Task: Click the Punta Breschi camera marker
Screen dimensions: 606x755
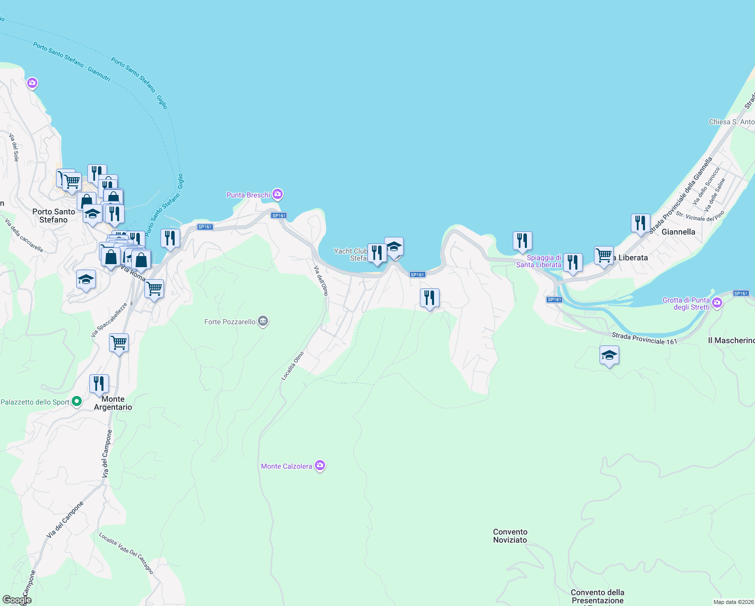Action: point(278,194)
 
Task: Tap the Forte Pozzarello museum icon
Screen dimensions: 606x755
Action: point(262,322)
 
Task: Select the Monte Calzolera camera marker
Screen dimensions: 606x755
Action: point(319,466)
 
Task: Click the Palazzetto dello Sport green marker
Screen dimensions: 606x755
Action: point(77,402)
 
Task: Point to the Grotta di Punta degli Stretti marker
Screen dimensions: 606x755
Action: point(717,303)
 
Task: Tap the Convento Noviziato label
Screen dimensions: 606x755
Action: point(510,536)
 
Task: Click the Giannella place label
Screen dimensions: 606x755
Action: point(678,232)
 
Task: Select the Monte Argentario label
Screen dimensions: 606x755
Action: point(113,403)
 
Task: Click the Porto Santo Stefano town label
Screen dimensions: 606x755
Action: point(53,216)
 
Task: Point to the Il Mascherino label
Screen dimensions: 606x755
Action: point(731,340)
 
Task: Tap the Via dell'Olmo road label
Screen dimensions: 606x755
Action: point(321,280)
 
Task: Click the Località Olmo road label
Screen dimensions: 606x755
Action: point(293,366)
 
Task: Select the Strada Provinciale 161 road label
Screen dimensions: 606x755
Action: point(644,338)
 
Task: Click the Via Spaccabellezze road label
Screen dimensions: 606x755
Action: point(109,320)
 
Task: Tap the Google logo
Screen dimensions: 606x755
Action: point(17,600)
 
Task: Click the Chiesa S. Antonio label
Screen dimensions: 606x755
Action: point(731,122)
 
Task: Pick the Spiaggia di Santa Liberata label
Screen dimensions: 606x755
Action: point(539,261)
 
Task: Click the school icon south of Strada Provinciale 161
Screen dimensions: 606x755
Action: point(609,355)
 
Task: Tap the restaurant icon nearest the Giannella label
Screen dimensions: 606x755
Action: point(640,223)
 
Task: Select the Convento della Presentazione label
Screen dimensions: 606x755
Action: point(598,596)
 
